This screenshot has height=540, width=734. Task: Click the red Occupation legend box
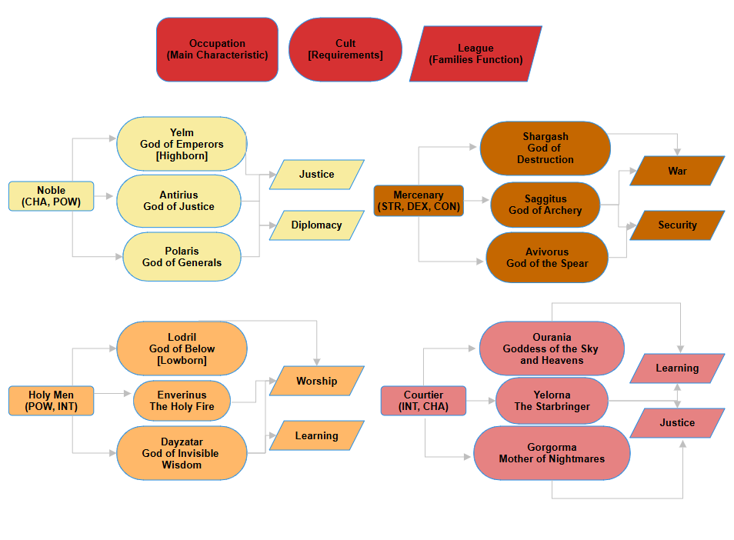pyautogui.click(x=217, y=50)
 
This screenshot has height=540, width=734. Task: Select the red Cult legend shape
pyautogui.click(x=345, y=50)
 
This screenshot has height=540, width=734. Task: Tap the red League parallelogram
pyautogui.click(x=475, y=54)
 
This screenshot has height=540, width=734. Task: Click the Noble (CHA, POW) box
pyautogui.click(x=51, y=196)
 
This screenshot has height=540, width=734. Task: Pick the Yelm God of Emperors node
pyautogui.click(x=182, y=144)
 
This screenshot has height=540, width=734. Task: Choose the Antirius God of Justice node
pyautogui.click(x=182, y=201)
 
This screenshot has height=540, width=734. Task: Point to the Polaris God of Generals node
pyautogui.click(x=182, y=257)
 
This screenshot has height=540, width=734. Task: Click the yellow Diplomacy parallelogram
pyautogui.click(x=316, y=225)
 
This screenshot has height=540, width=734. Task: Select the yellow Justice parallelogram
pyautogui.click(x=316, y=175)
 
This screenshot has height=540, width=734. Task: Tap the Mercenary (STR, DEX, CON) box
pyautogui.click(x=419, y=201)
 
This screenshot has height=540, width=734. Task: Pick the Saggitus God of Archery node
pyautogui.click(x=545, y=205)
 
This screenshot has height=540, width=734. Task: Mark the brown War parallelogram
pyautogui.click(x=677, y=171)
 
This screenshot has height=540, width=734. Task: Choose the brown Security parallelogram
pyautogui.click(x=677, y=225)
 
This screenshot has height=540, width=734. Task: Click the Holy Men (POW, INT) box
pyautogui.click(x=51, y=401)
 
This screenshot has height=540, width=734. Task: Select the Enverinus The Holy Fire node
pyautogui.click(x=182, y=401)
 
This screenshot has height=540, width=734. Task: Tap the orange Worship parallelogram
pyautogui.click(x=316, y=381)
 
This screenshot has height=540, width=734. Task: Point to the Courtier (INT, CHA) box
pyautogui.click(x=423, y=401)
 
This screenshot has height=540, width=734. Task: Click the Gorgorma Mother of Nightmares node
pyautogui.click(x=551, y=453)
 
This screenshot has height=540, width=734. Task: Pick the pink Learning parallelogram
pyautogui.click(x=677, y=368)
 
